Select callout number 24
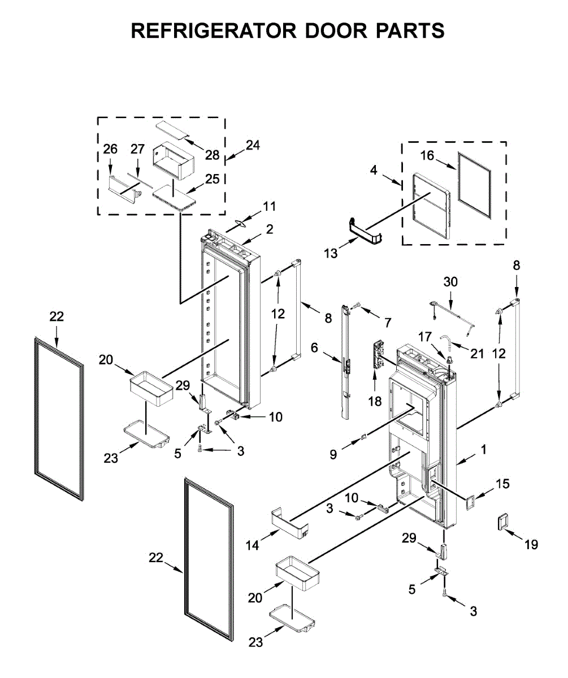click(x=252, y=145)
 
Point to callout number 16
click(x=427, y=156)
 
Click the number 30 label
click(x=450, y=281)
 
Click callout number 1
click(x=483, y=450)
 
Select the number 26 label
click(x=110, y=149)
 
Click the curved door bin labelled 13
click(x=366, y=232)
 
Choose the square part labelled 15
click(x=469, y=499)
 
